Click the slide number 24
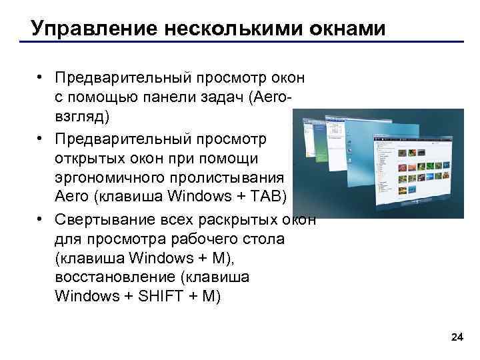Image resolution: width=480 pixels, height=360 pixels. pos(457,338)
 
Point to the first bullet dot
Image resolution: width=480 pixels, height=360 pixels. pos(41,79)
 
